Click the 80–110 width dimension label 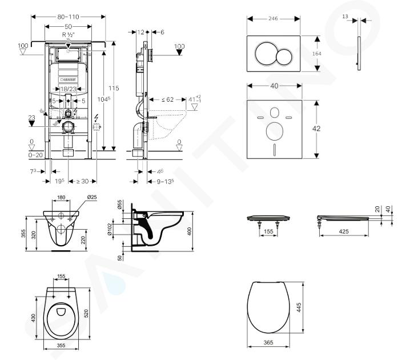67,17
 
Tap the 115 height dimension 115,88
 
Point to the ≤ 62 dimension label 167,99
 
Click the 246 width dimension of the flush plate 274,18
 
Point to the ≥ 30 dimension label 82,181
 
